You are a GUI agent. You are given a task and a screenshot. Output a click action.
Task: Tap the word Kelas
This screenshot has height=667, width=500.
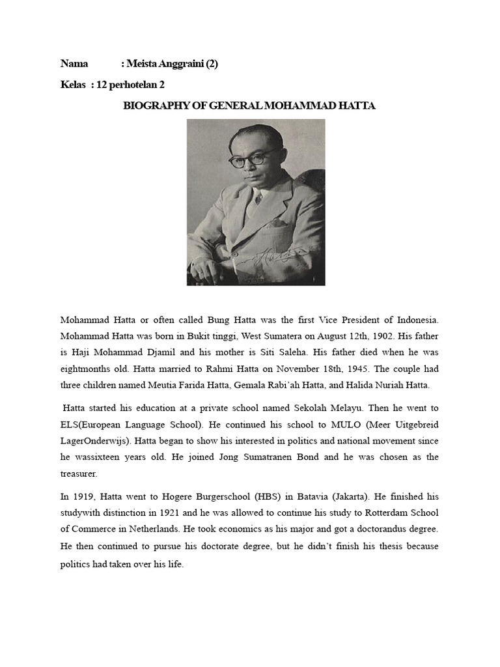pos(73,85)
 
